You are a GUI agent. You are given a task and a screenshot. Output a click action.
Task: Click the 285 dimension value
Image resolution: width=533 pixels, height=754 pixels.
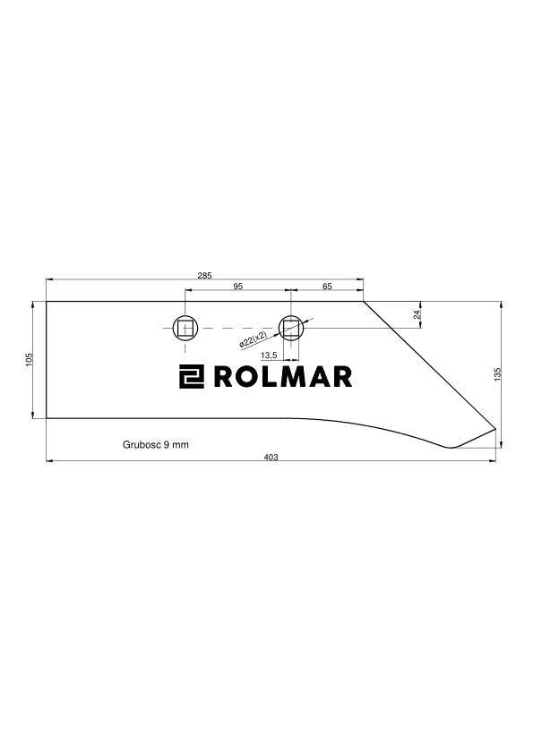pyautogui.click(x=204, y=276)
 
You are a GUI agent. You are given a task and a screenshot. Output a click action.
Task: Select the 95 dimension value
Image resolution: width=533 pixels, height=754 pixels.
pyautogui.click(x=237, y=287)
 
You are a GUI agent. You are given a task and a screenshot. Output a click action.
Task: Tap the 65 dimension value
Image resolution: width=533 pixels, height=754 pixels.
pyautogui.click(x=327, y=287)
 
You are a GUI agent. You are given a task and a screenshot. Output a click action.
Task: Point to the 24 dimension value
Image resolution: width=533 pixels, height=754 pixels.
pyautogui.click(x=417, y=314)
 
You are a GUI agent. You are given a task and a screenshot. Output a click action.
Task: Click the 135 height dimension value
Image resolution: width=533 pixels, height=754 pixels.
pyautogui.click(x=497, y=374)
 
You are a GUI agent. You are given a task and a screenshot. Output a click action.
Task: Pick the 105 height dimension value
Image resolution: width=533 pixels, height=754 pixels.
pyautogui.click(x=29, y=359)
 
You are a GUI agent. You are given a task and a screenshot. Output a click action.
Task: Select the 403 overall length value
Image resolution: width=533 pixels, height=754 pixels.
pyautogui.click(x=271, y=458)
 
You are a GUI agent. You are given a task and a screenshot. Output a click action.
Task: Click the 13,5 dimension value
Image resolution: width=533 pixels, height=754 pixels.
pyautogui.click(x=269, y=356)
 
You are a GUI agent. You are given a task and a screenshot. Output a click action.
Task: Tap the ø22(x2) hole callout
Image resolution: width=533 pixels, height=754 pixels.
pyautogui.click(x=253, y=339)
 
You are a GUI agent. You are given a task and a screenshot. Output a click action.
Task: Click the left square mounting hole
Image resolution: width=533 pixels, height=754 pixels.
pyautogui.click(x=185, y=329)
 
